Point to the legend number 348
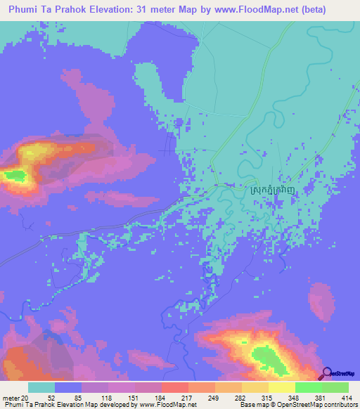tap(287, 397)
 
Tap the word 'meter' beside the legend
tap(11, 397)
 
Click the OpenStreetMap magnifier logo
tap(327, 374)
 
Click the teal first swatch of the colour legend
tap(41, 387)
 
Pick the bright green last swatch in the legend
tap(335, 387)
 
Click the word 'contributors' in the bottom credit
tap(342, 405)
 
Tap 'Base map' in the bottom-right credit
tap(254, 405)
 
